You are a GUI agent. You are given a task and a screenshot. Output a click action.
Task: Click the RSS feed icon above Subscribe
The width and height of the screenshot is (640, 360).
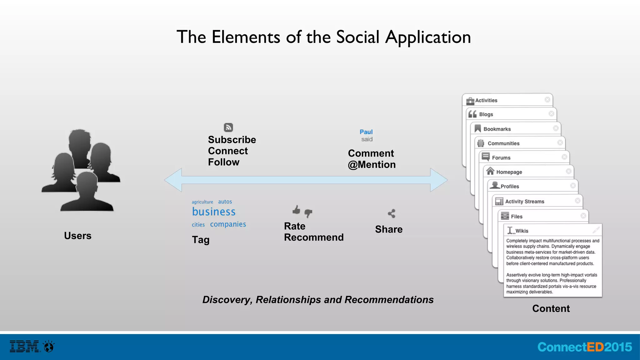pyautogui.click(x=228, y=127)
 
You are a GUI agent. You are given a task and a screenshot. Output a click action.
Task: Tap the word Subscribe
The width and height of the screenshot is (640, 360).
pyautogui.click(x=232, y=140)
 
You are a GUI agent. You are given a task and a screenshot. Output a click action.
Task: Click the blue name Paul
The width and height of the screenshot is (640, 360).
pyautogui.click(x=366, y=132)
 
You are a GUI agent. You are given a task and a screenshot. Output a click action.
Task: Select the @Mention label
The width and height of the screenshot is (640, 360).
pyautogui.click(x=372, y=165)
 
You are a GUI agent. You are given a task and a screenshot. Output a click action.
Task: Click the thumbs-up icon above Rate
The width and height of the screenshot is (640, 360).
pyautogui.click(x=296, y=210)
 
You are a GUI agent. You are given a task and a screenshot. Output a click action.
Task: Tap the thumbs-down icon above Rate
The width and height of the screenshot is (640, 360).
pyautogui.click(x=308, y=213)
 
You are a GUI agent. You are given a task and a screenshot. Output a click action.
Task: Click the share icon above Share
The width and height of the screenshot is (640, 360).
pyautogui.click(x=392, y=213)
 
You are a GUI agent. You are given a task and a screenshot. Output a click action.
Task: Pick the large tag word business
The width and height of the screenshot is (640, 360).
pyautogui.click(x=214, y=212)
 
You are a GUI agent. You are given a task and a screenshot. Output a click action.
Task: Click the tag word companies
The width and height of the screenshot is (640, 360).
pyautogui.click(x=228, y=224)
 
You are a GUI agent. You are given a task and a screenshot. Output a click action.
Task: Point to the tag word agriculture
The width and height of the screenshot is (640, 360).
pyautogui.click(x=202, y=202)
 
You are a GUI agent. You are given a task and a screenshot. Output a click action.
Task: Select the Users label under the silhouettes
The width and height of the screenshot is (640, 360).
pyautogui.click(x=77, y=236)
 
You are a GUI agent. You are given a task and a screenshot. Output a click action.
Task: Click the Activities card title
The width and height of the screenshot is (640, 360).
pyautogui.click(x=486, y=100)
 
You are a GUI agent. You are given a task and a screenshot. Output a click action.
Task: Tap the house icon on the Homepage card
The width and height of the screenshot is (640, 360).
pyautogui.click(x=490, y=171)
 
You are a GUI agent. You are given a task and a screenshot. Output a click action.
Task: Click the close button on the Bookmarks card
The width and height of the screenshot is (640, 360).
pyautogui.click(x=556, y=128)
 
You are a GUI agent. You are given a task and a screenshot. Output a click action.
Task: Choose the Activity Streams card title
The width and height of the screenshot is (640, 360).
pyautogui.click(x=524, y=202)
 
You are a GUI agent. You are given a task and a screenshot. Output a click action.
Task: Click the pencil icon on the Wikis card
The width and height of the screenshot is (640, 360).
pyautogui.click(x=596, y=230)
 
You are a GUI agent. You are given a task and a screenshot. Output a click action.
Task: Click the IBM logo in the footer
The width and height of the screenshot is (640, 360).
pyautogui.click(x=24, y=347)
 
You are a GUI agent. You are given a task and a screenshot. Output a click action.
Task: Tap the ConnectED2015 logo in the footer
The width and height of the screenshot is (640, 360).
pyautogui.click(x=584, y=347)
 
